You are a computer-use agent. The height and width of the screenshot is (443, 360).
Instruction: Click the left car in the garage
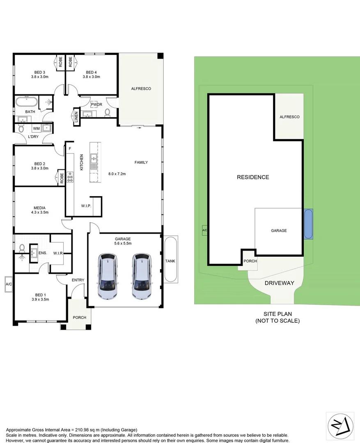click(108, 276)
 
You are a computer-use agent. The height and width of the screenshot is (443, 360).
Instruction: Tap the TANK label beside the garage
click(170, 261)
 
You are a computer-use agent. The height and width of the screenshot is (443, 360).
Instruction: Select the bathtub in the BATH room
click(27, 102)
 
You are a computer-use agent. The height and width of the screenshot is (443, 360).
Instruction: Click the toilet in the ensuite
click(22, 248)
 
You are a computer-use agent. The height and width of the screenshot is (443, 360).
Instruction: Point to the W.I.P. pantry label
click(86, 206)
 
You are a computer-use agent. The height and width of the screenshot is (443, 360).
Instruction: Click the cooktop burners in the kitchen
click(70, 177)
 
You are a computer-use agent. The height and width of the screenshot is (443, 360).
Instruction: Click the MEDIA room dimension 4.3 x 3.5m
click(39, 212)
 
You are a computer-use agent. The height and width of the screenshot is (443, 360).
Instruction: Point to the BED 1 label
click(39, 294)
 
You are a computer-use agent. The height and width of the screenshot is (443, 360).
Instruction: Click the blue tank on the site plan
click(308, 224)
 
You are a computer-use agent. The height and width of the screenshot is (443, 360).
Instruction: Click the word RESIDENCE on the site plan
click(253, 177)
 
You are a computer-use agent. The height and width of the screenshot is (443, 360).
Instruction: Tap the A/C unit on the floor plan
click(8, 284)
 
